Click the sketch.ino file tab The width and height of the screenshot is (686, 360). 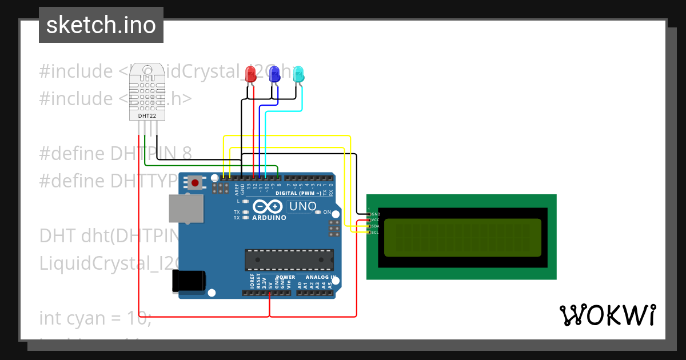101,25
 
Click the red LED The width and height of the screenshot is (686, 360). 250,74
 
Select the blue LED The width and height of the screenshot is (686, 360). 274,74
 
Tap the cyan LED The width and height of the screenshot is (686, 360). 298,74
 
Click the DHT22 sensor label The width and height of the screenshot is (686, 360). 147,116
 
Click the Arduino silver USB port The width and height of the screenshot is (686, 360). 186,209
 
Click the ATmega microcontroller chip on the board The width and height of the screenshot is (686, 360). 289,259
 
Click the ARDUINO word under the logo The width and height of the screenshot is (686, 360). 269,218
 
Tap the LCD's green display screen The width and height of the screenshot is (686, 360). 462,237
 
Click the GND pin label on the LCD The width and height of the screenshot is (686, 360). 376,214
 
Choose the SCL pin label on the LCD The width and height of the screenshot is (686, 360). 376,233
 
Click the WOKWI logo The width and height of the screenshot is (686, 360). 607,315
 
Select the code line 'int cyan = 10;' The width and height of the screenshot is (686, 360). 95,318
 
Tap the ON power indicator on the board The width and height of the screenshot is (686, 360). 327,212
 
